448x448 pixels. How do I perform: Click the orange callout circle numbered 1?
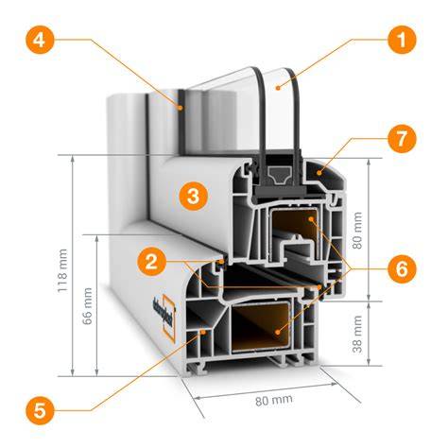[402, 40]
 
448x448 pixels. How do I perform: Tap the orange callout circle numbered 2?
[151, 262]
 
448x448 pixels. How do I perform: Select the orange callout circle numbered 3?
[194, 196]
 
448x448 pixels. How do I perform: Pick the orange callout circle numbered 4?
[40, 40]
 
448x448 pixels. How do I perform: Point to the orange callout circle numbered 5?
[40, 410]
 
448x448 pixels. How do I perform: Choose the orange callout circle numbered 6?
[402, 269]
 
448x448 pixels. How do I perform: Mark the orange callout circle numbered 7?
[402, 139]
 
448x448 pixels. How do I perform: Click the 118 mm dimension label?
[62, 270]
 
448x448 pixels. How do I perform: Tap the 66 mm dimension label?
[87, 305]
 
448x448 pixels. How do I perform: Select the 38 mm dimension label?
[357, 334]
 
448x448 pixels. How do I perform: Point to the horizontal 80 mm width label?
[274, 401]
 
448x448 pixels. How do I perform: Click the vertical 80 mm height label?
[357, 231]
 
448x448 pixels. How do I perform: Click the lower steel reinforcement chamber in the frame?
[260, 328]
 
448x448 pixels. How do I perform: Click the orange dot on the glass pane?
[278, 88]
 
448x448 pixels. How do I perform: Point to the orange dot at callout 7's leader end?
[319, 173]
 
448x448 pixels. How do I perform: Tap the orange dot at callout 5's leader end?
[203, 332]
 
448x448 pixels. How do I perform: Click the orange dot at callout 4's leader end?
[181, 108]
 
